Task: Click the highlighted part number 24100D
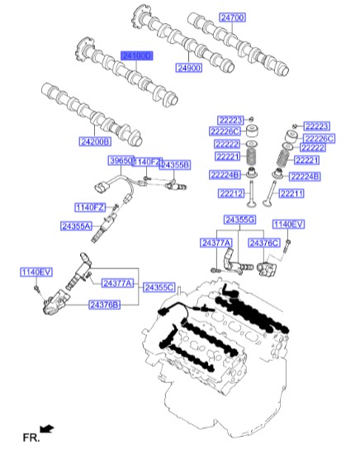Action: (137, 55)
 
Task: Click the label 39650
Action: (121, 160)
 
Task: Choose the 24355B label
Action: (174, 165)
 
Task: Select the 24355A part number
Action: (76, 225)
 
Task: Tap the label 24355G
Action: (240, 220)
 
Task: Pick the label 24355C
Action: (159, 287)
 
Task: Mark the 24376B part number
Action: (105, 304)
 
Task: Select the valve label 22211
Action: (293, 193)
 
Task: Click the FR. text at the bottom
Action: (30, 435)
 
